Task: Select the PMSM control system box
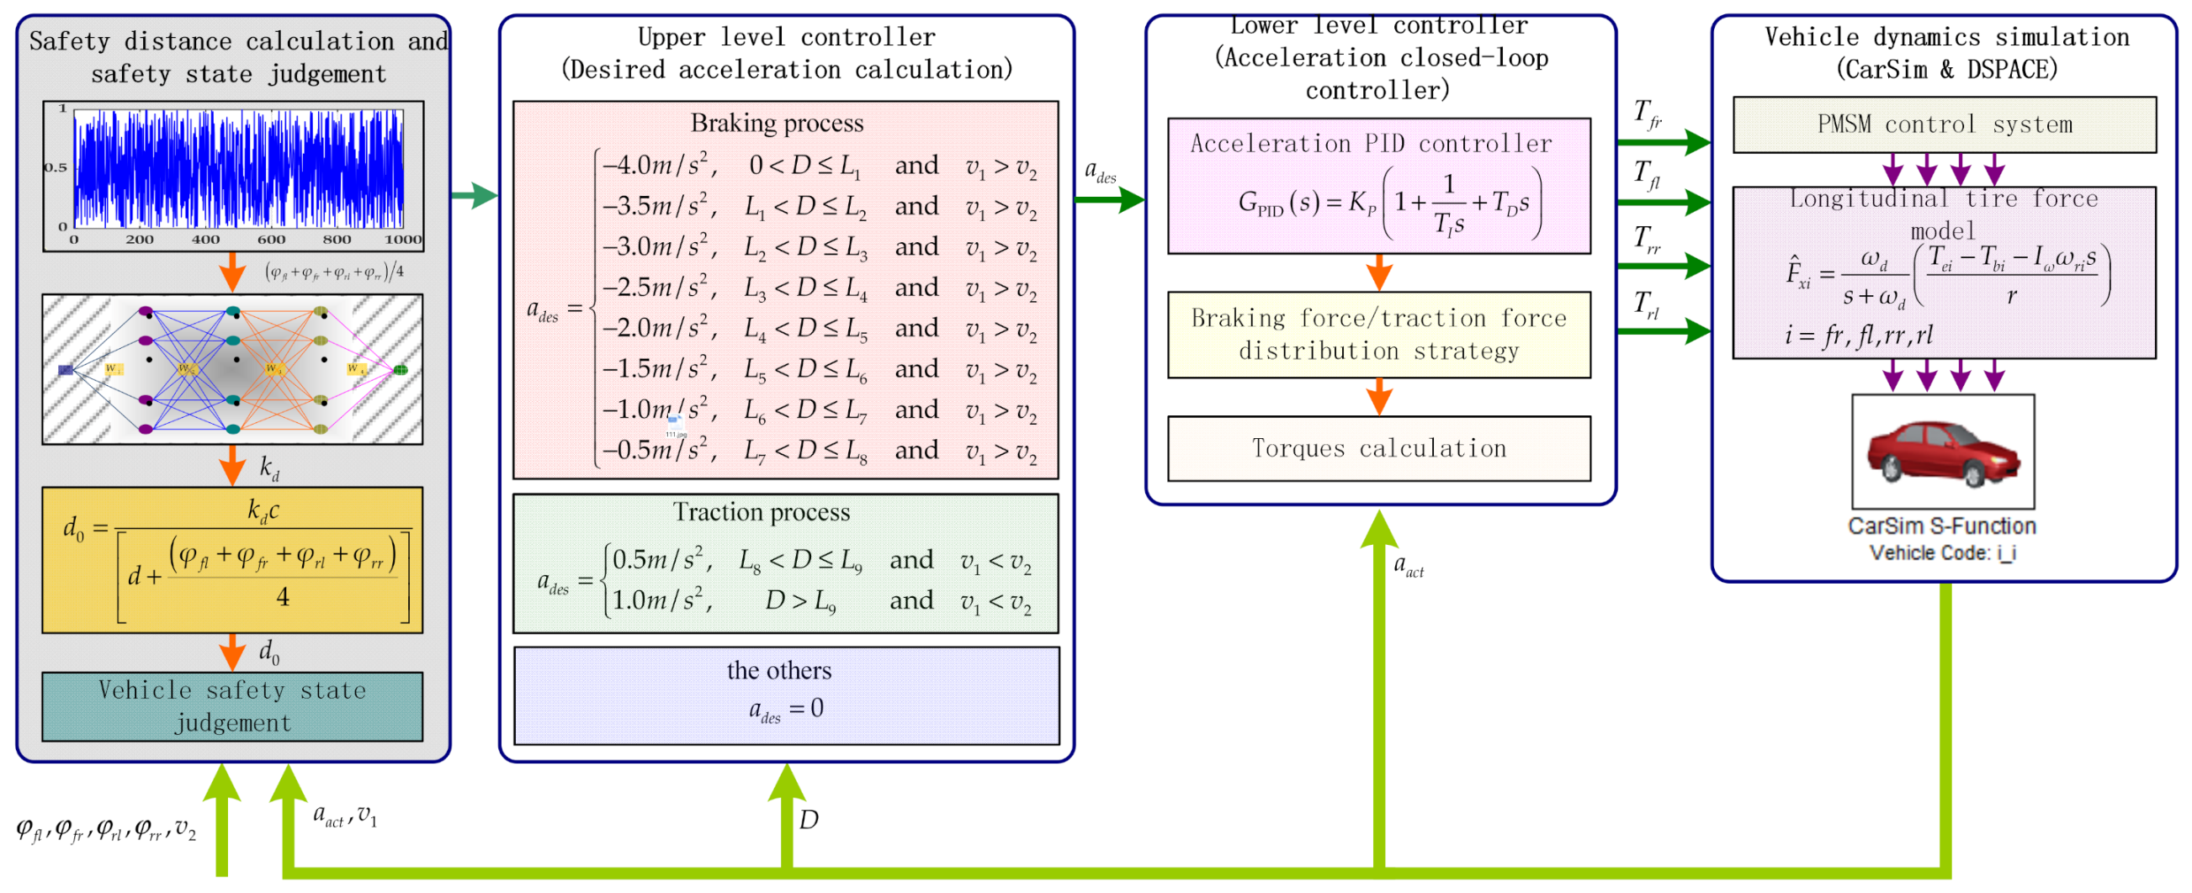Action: (1945, 125)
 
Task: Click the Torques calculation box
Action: (1378, 449)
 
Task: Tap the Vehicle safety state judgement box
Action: (232, 706)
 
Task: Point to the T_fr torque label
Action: (1648, 115)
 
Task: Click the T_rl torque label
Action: (1648, 305)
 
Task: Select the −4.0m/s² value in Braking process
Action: (660, 165)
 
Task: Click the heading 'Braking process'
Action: (777, 124)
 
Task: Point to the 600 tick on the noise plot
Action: (271, 240)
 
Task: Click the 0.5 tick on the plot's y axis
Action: (56, 167)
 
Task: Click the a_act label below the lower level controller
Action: (1409, 566)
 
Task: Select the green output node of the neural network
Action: (401, 370)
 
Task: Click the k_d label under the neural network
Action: (269, 468)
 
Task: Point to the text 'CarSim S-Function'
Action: (1942, 526)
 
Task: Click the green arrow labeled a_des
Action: (1110, 201)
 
